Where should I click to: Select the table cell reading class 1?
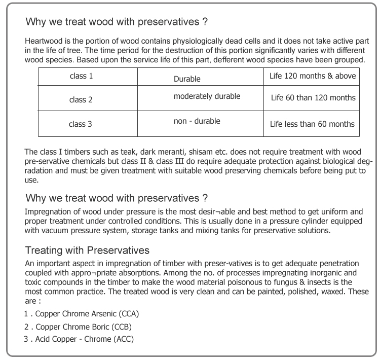(81, 76)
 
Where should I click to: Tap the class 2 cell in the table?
(81, 100)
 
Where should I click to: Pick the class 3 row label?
(81, 124)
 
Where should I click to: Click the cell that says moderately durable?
(207, 96)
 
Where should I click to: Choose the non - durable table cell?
(197, 121)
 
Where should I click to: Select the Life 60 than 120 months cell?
(313, 98)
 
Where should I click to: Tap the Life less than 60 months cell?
(312, 124)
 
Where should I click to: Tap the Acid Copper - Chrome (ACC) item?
(84, 339)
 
